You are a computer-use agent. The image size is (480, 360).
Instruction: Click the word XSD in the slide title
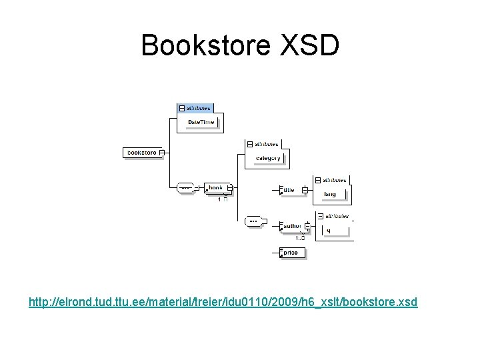point(307,45)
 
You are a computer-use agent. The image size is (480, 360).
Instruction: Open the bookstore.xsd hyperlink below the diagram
point(223,302)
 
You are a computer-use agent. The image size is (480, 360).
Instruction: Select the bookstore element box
point(142,153)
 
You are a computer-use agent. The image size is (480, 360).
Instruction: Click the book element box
point(217,188)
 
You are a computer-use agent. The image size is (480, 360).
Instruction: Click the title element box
point(288,190)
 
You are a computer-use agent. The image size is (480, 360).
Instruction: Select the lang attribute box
point(330,195)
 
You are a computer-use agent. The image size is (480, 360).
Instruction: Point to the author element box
point(292,226)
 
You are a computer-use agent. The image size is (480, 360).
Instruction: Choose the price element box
point(293,253)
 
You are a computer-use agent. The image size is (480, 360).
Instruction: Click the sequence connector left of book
point(185,188)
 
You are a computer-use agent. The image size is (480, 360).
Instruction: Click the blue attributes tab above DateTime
point(195,107)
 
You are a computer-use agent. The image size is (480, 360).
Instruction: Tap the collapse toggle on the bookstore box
point(161,153)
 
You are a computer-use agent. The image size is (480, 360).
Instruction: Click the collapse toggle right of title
point(304,190)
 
